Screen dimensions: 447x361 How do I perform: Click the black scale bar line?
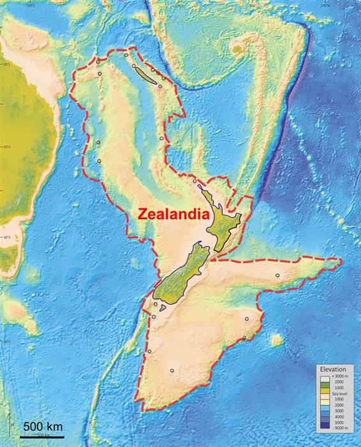point(41,437)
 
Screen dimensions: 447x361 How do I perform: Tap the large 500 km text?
point(43,426)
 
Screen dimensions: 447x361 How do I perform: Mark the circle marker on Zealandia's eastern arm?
point(277,275)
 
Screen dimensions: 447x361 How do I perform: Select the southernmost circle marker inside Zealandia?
point(172,370)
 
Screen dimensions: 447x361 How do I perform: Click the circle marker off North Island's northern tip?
point(195,181)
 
